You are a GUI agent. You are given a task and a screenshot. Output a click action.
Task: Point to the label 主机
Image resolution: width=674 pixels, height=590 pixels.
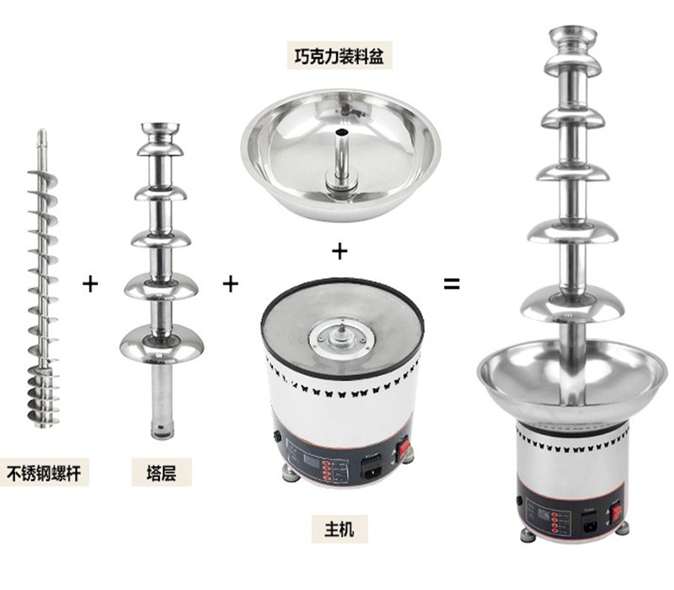(340, 529)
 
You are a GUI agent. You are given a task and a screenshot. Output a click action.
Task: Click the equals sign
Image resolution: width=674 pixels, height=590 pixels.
(452, 284)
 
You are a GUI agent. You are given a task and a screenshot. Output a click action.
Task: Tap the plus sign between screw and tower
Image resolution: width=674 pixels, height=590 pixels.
(90, 284)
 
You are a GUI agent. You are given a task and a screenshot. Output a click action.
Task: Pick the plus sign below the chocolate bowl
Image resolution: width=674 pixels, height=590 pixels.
(340, 250)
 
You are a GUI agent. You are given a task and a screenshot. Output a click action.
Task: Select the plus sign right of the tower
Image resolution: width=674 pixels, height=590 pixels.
(230, 284)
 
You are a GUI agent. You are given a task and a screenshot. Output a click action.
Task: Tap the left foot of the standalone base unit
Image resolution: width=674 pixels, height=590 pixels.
(290, 474)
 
